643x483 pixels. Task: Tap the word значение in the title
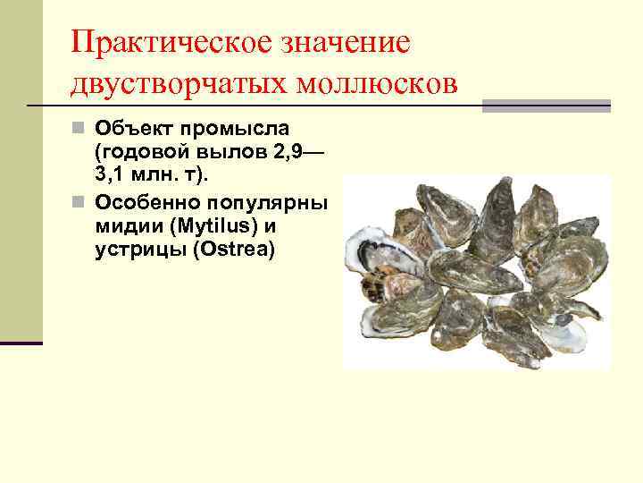click(339, 41)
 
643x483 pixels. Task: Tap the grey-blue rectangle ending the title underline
click(546, 106)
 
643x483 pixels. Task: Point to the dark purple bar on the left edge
click(21, 342)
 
